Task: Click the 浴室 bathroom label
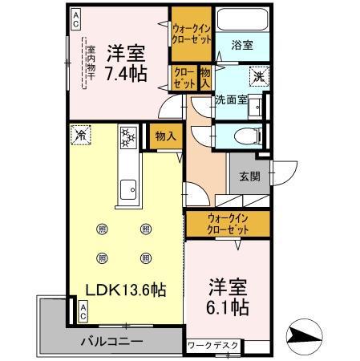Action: pyautogui.click(x=242, y=46)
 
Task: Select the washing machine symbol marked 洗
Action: pyautogui.click(x=260, y=77)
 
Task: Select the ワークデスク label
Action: pyautogui.click(x=212, y=346)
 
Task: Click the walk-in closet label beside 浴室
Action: pyautogui.click(x=192, y=33)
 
